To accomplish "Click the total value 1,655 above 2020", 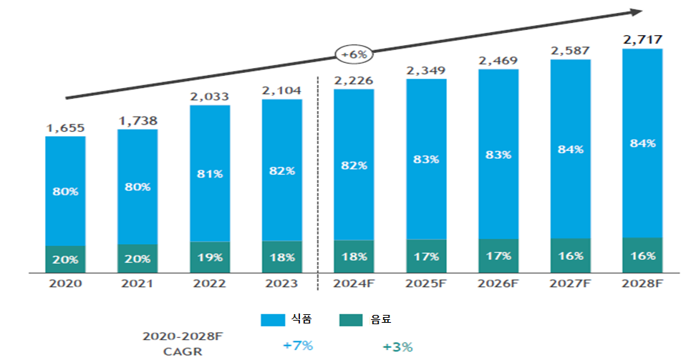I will point(66,128).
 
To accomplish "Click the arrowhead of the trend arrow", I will point(635,11).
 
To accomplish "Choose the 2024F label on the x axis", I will point(354,283).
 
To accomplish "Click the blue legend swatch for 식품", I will point(273,320).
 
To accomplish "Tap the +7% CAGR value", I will point(298,346).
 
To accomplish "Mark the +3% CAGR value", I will point(397,346).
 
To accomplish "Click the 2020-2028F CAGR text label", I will point(172,341).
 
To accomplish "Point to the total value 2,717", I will point(642,40).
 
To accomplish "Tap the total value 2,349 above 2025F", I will point(426,70).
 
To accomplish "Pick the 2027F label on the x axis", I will point(570,283).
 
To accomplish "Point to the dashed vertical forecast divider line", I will point(318,179).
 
